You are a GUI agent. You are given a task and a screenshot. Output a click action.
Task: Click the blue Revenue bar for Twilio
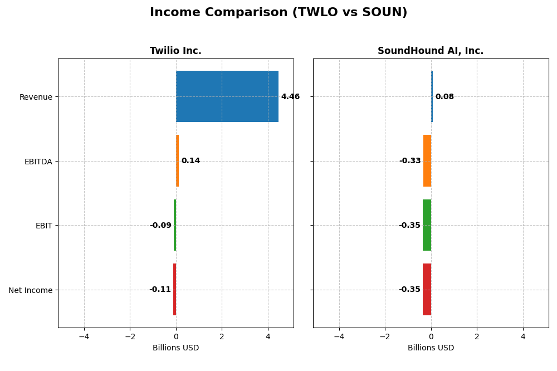point(227,96)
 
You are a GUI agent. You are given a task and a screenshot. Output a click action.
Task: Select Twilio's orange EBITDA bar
point(177,161)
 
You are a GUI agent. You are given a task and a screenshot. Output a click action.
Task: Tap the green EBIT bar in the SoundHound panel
point(427,225)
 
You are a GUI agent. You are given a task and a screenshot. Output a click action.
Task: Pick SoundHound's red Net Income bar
point(427,290)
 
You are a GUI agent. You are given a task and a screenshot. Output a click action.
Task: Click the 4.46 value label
point(290,97)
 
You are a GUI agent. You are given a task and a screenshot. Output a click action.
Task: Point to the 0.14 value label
point(190,161)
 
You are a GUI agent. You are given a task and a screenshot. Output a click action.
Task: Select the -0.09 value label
point(160,226)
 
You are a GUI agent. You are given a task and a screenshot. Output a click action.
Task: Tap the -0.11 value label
point(160,290)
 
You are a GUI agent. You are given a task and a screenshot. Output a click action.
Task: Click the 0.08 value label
point(444,97)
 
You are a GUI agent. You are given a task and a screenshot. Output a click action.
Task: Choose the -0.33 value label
point(410,161)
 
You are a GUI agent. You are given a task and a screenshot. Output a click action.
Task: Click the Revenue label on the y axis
point(36,97)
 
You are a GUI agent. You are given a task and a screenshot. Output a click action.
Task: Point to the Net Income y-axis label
point(31,290)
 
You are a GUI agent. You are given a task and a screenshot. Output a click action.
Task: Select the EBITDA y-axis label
point(38,162)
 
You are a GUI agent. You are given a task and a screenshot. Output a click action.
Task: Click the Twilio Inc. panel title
point(175,51)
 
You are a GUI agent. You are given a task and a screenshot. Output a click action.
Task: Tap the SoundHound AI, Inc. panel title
point(431,51)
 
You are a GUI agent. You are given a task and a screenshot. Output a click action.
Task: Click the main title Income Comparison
point(278,12)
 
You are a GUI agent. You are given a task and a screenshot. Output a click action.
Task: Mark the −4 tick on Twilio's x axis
point(84,336)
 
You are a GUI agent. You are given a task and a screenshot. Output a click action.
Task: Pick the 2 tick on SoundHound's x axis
point(477,336)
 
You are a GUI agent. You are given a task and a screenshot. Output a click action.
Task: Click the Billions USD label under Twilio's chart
point(175,348)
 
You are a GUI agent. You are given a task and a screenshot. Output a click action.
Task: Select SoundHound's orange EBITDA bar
point(427,161)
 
